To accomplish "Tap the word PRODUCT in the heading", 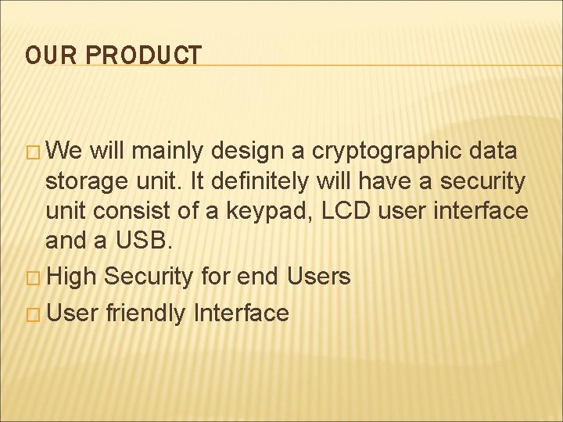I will click(143, 55).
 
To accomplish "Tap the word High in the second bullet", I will click(74, 277).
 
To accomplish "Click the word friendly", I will click(146, 314).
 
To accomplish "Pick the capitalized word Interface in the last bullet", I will click(242, 313).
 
